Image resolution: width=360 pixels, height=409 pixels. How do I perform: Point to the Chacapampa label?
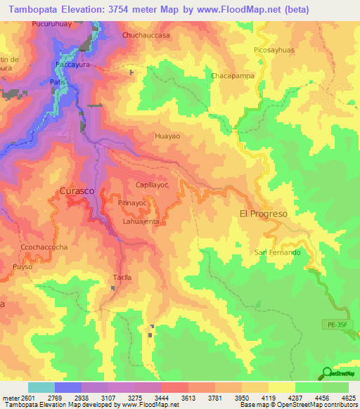[x=231, y=75]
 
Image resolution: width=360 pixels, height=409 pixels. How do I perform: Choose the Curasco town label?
[x=76, y=191]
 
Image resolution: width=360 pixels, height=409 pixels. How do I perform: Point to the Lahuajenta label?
[x=141, y=221]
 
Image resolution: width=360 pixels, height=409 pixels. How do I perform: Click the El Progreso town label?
[x=264, y=214]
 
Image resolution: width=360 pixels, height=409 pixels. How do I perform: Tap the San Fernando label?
[x=277, y=252]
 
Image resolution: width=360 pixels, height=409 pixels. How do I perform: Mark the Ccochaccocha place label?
[x=44, y=247]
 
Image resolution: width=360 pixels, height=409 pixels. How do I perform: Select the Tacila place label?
[x=122, y=278]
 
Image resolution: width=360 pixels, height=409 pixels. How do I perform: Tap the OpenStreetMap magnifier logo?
[x=326, y=374]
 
